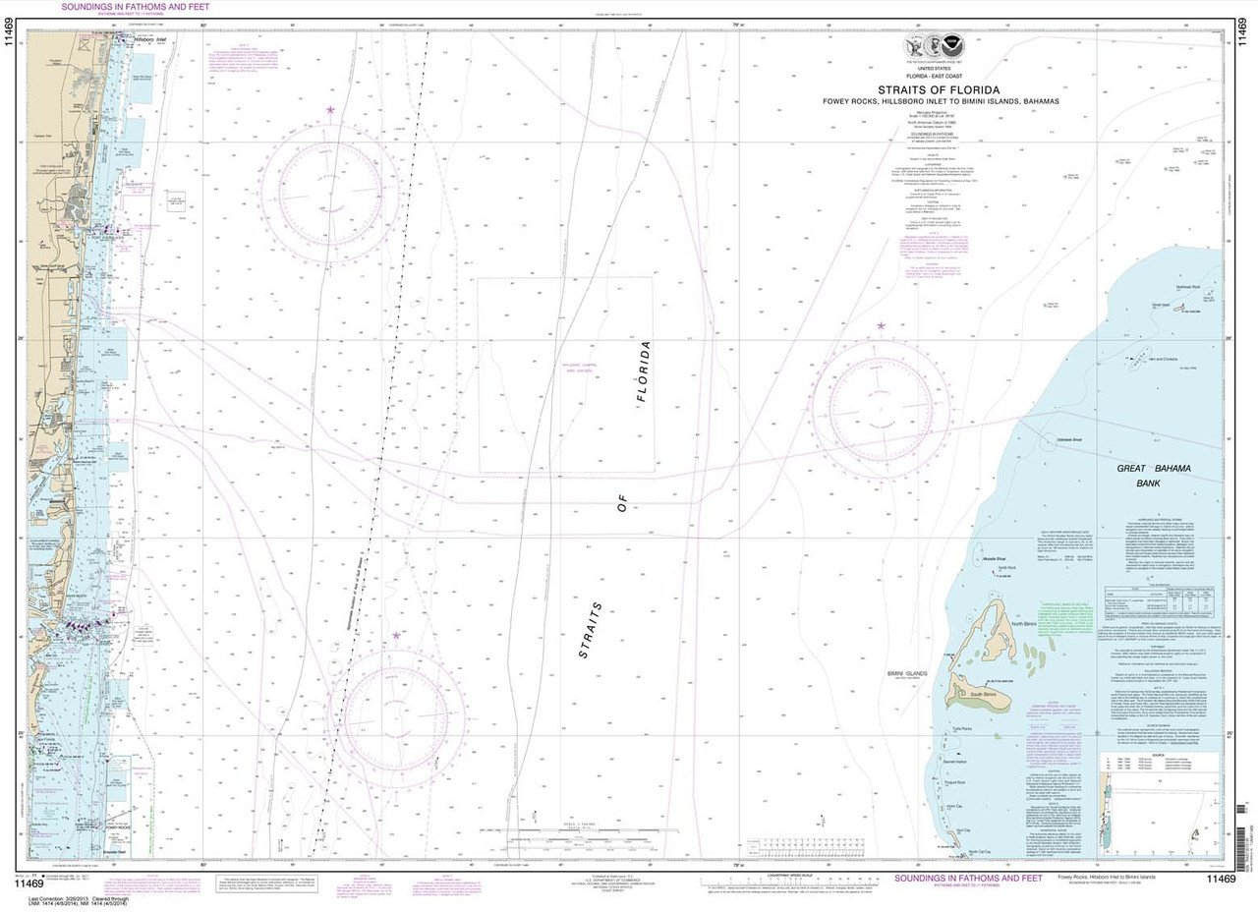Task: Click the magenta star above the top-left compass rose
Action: [330, 110]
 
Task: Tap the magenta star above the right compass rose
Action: [881, 325]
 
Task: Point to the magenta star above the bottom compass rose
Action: [396, 636]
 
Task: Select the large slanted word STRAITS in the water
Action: [592, 629]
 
